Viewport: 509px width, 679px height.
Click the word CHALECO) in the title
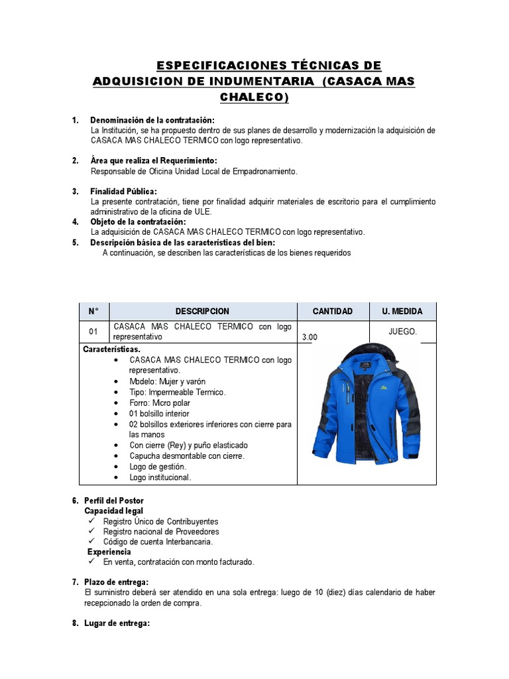point(254,97)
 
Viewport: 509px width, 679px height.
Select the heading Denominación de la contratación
point(152,120)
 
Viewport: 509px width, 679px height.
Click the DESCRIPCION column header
point(202,311)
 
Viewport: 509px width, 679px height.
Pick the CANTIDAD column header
point(332,311)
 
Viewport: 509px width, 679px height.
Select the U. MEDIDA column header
point(402,311)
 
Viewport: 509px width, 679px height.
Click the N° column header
point(93,311)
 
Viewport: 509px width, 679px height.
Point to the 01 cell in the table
point(93,332)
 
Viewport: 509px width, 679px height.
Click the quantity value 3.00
point(310,337)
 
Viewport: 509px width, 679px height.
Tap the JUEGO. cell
point(402,332)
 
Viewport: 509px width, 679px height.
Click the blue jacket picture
point(367,411)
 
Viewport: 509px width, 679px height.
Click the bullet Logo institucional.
point(160,477)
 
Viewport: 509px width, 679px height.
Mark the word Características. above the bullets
point(111,349)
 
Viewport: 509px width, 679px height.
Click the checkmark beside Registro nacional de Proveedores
point(91,532)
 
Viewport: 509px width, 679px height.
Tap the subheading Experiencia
point(109,552)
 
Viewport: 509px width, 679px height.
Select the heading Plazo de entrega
point(119,582)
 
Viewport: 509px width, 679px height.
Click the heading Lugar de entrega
point(117,623)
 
